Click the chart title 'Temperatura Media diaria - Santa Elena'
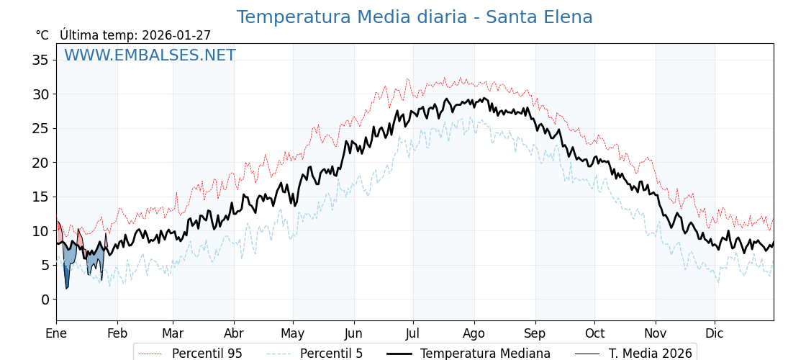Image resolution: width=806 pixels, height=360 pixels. [415, 17]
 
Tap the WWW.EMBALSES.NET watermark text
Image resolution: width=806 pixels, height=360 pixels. [150, 55]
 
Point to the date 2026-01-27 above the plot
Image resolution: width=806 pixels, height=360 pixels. [176, 35]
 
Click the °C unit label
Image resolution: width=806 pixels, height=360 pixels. [42, 35]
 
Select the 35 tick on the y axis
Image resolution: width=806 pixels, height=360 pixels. [40, 60]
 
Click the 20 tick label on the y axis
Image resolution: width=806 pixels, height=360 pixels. [40, 163]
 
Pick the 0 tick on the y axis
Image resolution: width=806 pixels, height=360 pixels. [45, 300]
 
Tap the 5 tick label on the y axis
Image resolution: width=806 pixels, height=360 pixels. [45, 265]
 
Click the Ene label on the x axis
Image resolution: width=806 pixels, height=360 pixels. [56, 333]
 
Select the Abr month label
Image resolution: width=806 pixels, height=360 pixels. [234, 333]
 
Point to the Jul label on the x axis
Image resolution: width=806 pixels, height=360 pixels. [413, 333]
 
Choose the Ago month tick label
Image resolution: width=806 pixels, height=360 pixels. [474, 333]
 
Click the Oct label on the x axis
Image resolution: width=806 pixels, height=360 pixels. [594, 333]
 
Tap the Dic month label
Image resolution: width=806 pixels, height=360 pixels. [715, 333]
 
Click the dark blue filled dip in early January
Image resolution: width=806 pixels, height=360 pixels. [67, 277]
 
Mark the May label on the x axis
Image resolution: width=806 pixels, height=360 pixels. [293, 333]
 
